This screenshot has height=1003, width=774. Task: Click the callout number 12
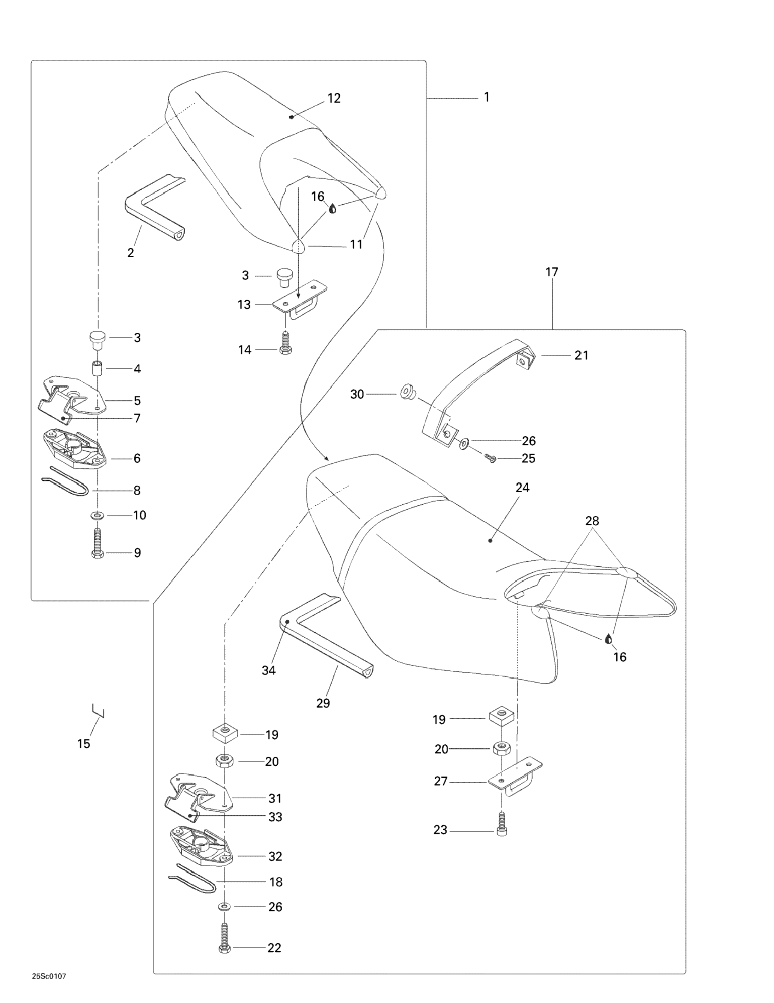334,98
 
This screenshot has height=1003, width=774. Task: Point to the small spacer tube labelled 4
97,369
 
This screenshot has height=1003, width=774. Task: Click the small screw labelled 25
490,457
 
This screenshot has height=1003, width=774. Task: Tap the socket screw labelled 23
501,830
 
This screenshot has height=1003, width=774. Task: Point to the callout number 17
552,272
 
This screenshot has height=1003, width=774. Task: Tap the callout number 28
592,521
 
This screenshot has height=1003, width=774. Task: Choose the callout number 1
486,97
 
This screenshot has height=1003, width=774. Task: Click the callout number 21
581,355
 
